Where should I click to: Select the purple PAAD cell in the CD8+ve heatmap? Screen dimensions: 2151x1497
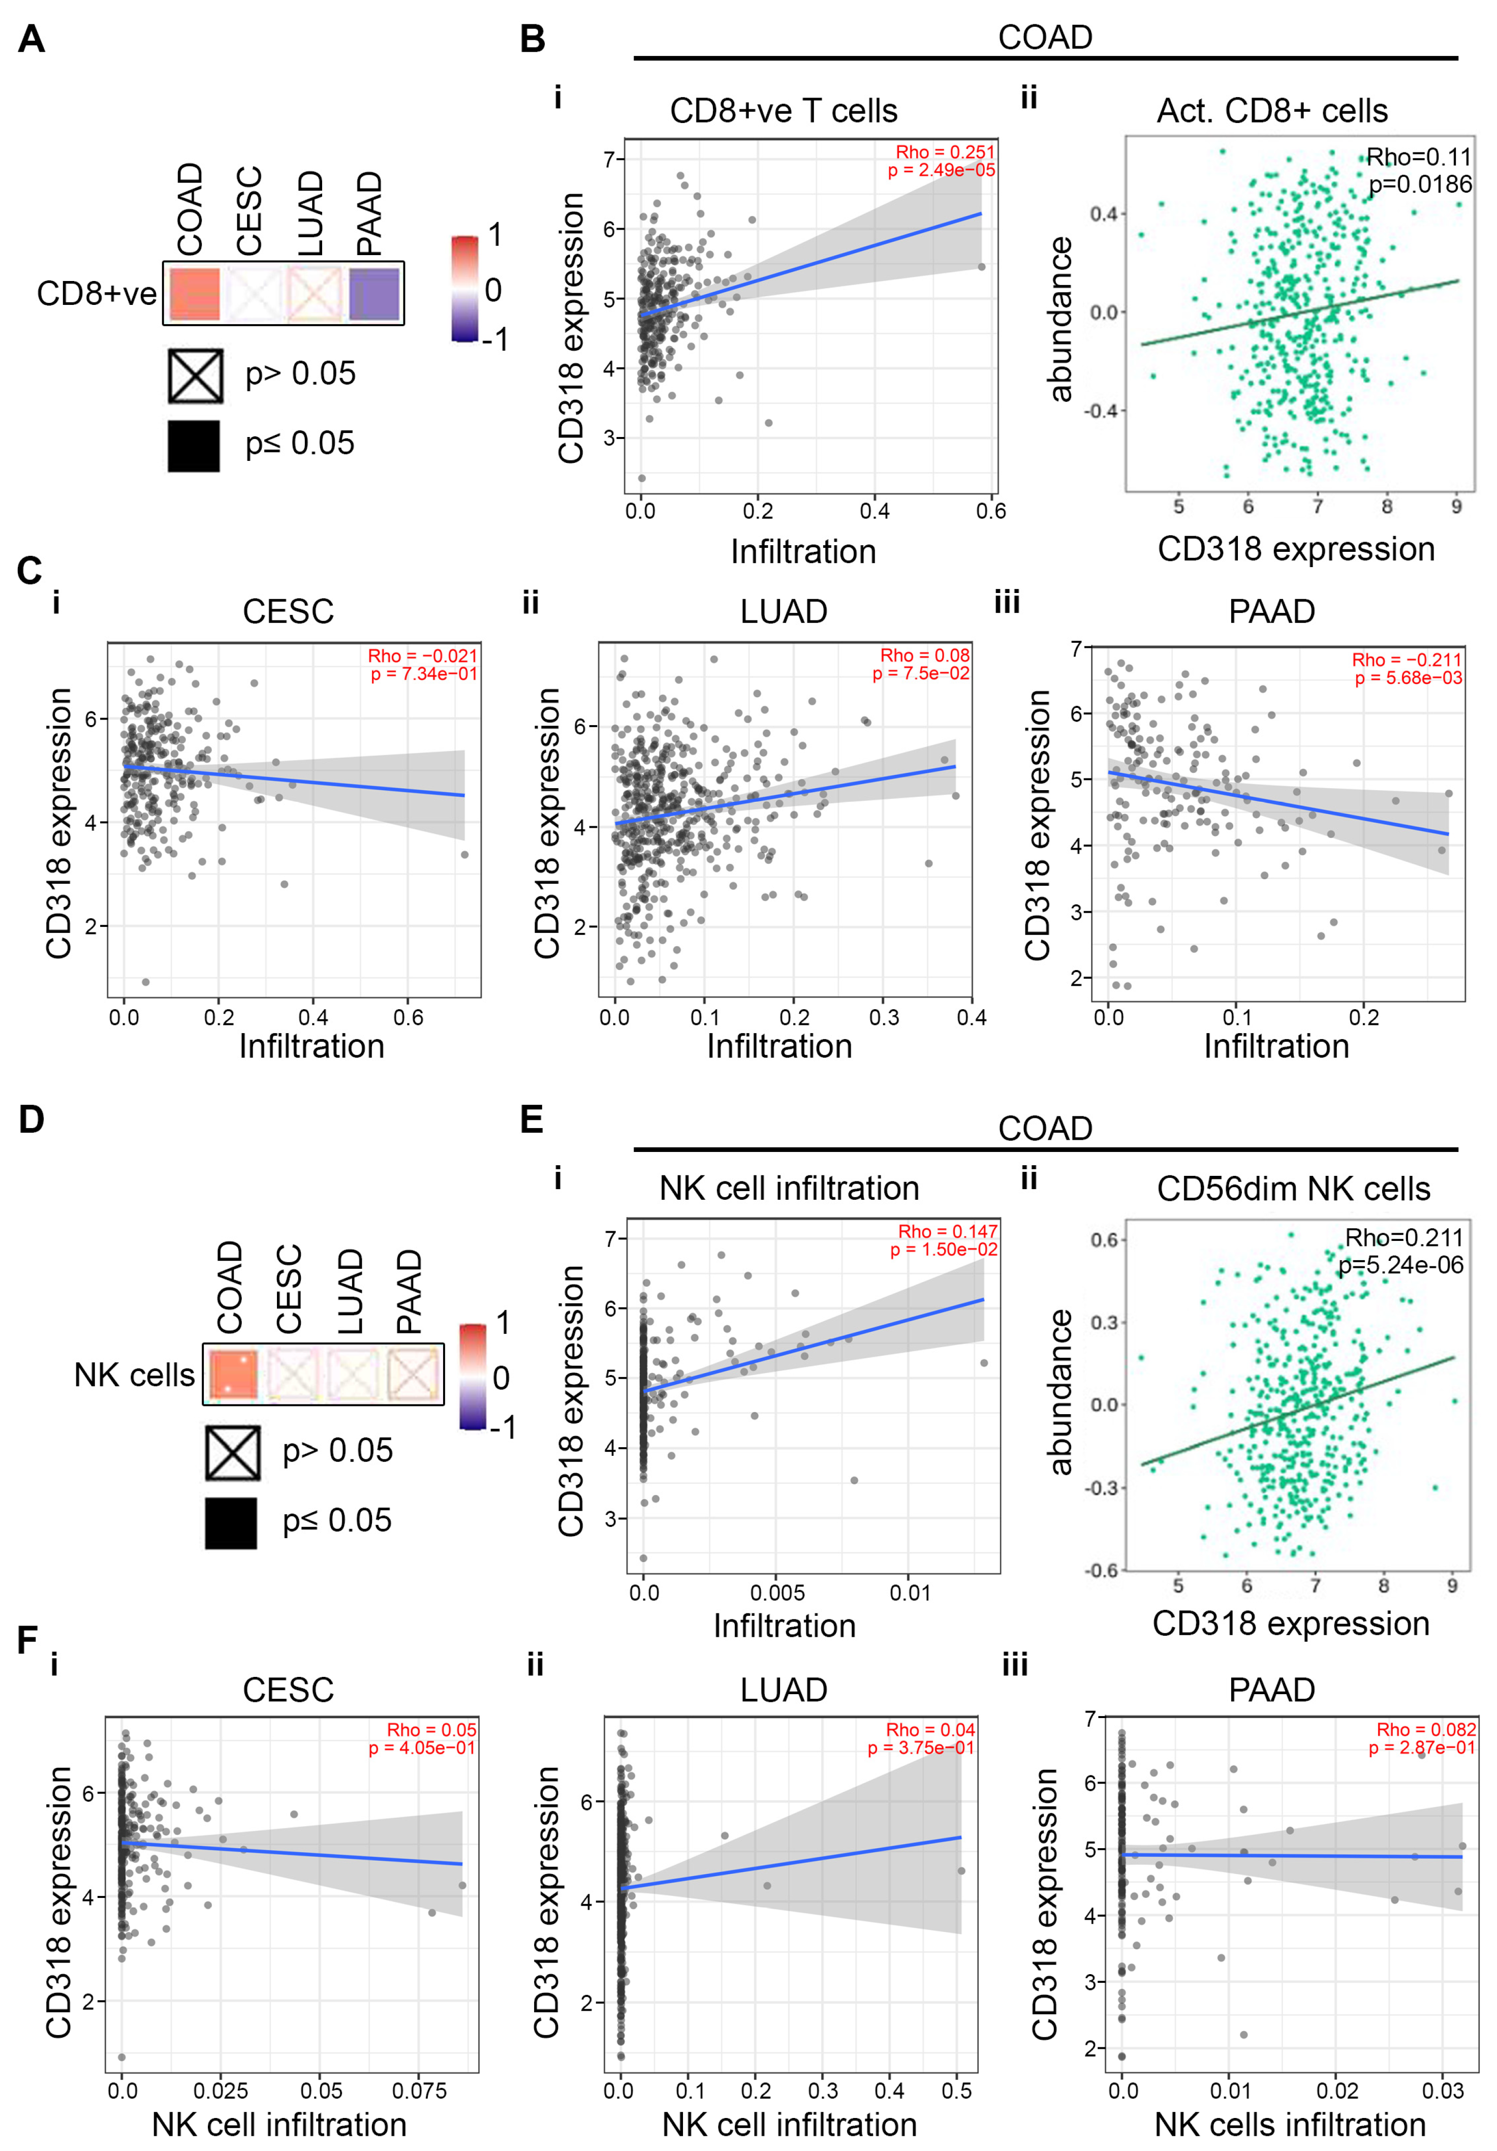374,293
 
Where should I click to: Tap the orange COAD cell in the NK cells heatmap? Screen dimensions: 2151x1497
233,1375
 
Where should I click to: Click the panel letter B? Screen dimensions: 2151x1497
532,39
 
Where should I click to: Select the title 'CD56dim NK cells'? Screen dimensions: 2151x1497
1293,1189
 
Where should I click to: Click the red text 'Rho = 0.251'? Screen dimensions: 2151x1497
944,152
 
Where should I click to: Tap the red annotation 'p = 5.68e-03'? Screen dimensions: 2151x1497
1408,677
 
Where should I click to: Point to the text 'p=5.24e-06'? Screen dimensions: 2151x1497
1400,1265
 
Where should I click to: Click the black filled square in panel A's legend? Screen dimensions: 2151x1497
194,445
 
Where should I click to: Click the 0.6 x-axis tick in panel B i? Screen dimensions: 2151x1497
990,511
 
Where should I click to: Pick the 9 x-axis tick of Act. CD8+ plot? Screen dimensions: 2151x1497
1456,507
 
